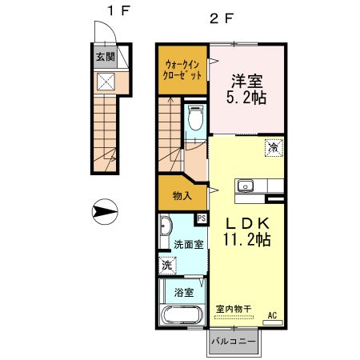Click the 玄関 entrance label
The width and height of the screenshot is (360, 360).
coord(105,57)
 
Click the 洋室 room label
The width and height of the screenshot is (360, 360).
coord(247,80)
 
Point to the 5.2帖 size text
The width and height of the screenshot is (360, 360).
coord(247,98)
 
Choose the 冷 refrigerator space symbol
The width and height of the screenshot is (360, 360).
coord(274,147)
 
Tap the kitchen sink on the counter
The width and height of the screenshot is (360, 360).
coord(244,186)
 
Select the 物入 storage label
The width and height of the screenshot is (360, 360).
coord(182,195)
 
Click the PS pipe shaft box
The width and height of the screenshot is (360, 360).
coord(202,218)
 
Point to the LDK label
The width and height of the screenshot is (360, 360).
coord(247,222)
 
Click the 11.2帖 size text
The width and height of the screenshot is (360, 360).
coord(247,240)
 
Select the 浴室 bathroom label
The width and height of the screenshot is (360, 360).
coord(184,292)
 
